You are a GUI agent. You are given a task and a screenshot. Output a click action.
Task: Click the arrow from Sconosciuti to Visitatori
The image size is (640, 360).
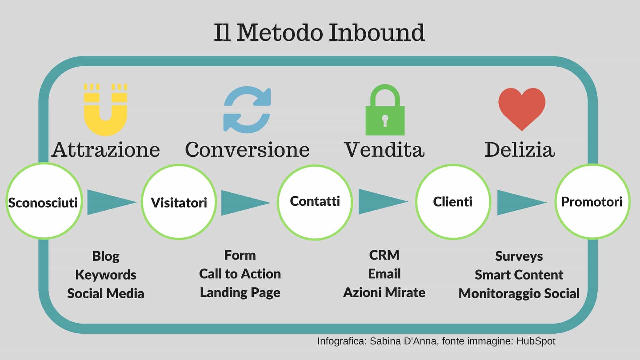(x=112, y=202)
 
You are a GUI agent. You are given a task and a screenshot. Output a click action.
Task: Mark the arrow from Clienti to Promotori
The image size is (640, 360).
(x=522, y=202)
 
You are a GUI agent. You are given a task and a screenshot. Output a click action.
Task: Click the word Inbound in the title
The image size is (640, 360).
(x=376, y=33)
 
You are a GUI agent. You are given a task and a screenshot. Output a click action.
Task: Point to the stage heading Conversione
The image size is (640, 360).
(x=247, y=149)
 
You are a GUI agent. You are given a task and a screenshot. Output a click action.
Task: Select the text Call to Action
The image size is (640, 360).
(x=240, y=274)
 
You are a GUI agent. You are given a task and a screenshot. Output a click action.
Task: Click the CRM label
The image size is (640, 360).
(x=384, y=255)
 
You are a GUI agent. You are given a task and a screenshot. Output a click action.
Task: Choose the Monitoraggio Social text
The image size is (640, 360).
(x=519, y=293)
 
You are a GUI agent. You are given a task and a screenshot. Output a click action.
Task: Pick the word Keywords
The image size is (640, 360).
(x=106, y=275)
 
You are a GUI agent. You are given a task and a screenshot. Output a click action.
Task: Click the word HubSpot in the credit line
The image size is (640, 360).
(x=536, y=341)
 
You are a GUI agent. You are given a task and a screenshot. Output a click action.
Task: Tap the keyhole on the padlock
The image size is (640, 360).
(x=385, y=121)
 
